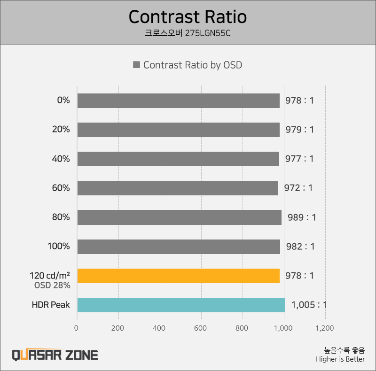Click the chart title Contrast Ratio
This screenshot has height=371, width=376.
[188, 17]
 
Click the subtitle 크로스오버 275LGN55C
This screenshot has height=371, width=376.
[188, 34]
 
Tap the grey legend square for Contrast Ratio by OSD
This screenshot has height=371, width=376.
[136, 65]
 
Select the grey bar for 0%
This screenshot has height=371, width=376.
[178, 100]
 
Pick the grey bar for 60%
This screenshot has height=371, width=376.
[178, 188]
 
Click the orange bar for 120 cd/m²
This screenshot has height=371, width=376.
[178, 276]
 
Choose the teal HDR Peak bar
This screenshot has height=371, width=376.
[181, 305]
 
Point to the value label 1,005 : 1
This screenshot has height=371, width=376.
[309, 305]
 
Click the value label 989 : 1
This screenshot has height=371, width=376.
[302, 217]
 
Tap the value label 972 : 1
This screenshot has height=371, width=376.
[298, 188]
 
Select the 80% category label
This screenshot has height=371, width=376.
[61, 217]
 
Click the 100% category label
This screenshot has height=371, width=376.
[59, 246]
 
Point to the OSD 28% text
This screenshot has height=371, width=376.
[52, 285]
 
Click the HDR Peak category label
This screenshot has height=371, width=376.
[51, 305]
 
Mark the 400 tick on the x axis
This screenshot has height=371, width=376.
[160, 328]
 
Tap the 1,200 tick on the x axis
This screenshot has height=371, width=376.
[325, 328]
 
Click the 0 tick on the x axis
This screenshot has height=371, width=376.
[77, 328]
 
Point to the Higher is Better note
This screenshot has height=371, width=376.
[340, 359]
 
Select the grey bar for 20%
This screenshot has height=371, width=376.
[178, 130]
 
